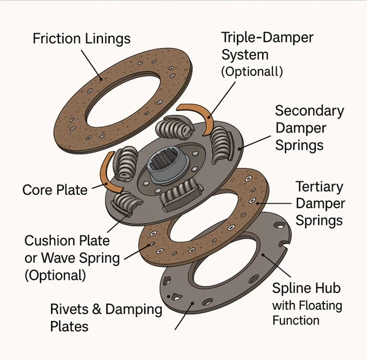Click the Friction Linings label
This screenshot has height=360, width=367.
(82, 39)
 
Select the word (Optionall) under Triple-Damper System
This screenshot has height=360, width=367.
(252, 71)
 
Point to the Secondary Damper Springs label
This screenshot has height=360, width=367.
(309, 130)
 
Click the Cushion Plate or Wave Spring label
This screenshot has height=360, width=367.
(72, 257)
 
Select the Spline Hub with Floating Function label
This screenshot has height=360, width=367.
(307, 303)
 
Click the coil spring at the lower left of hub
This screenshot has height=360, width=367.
(128, 203)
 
